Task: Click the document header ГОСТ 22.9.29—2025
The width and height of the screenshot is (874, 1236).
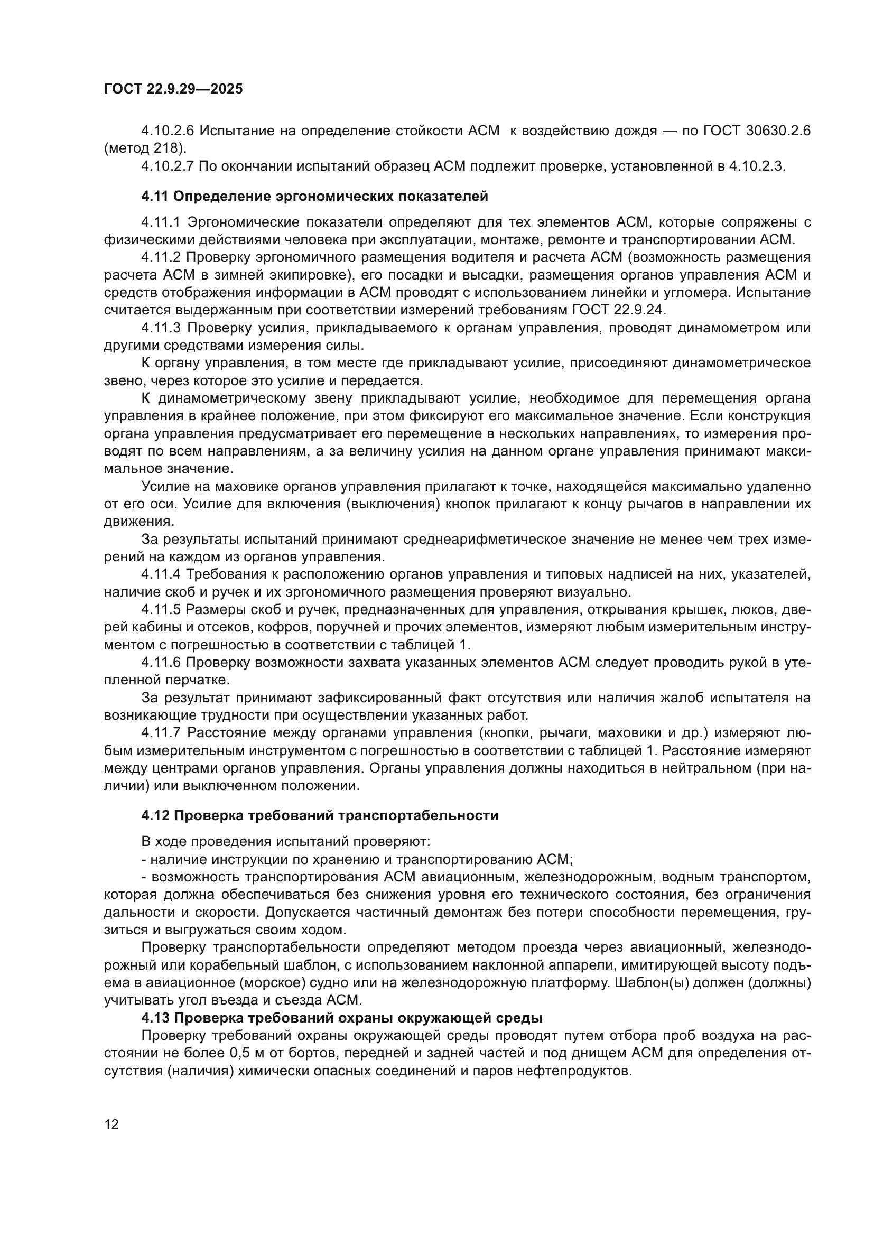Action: coord(173,89)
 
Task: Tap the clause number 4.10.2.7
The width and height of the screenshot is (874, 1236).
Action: coord(168,166)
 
